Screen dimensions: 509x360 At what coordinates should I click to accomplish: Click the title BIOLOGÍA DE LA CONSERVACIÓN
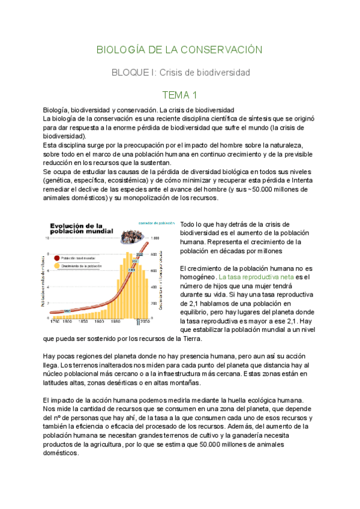[x=180, y=50]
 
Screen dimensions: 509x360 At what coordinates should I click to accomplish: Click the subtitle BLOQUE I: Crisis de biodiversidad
[x=180, y=72]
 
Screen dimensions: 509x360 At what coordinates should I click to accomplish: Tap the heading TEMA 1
[x=180, y=95]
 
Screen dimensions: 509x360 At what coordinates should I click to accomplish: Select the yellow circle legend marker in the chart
[x=57, y=265]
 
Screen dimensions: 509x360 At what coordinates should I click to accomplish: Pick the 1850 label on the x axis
[x=80, y=322]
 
